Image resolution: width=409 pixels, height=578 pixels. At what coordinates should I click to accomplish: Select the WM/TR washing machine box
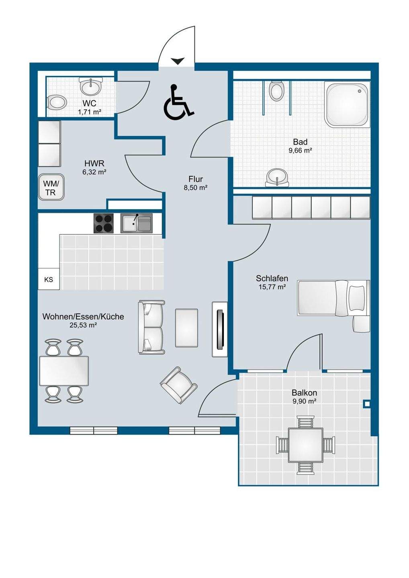[51, 187]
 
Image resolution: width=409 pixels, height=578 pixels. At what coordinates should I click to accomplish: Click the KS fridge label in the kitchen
[49, 279]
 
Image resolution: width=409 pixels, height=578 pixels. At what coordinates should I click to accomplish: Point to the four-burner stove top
[104, 223]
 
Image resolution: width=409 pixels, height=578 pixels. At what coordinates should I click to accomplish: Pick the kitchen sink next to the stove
[137, 223]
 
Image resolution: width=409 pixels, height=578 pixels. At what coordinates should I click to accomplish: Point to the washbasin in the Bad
[277, 177]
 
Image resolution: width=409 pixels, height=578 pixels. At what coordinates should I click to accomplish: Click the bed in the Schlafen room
[333, 298]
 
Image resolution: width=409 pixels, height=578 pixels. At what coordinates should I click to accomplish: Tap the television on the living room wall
[220, 329]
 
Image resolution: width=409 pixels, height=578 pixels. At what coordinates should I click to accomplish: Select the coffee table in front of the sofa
[186, 328]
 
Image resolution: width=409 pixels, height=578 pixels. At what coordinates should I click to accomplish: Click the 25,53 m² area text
[83, 326]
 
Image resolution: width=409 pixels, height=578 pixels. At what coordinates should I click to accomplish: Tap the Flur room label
[196, 179]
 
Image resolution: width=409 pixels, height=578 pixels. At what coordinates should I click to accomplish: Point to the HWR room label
[94, 163]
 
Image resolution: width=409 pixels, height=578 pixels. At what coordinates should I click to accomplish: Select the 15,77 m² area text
[272, 287]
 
